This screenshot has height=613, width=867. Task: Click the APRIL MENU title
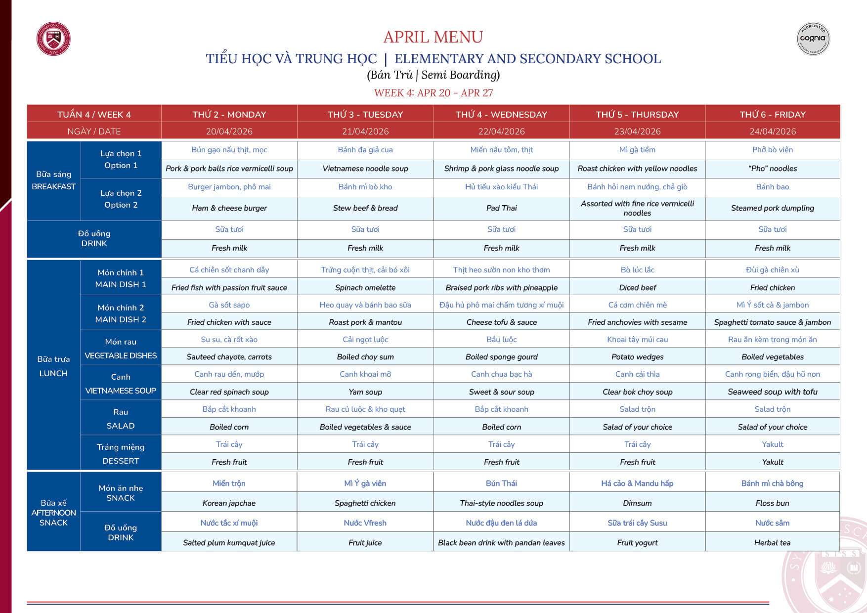point(433,37)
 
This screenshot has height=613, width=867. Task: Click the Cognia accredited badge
point(813,39)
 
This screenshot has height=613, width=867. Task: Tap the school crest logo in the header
point(53,39)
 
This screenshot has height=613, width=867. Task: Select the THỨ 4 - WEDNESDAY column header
point(501,114)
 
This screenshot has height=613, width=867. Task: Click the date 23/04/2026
point(637,131)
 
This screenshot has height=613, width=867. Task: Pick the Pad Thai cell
point(501,208)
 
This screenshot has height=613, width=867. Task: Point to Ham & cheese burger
point(229,208)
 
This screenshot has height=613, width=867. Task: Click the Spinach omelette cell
point(365,288)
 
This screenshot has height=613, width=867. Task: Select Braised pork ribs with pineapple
point(501,288)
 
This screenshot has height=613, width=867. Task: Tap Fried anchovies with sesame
point(637,322)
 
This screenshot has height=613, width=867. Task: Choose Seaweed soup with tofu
point(772,392)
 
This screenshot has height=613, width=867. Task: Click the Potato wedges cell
point(637,357)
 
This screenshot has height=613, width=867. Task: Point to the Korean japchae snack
point(229,503)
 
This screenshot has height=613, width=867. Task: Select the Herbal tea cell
point(772,543)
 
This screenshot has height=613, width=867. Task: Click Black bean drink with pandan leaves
point(501,543)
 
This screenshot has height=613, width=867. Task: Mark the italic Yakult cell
point(772,462)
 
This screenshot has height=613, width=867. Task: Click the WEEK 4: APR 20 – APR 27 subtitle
point(433,93)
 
